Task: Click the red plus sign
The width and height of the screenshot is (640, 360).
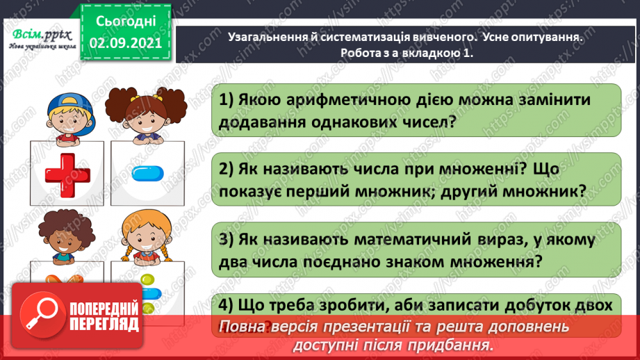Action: click(x=69, y=174)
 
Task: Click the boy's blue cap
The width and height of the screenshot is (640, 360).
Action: click(x=66, y=102)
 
